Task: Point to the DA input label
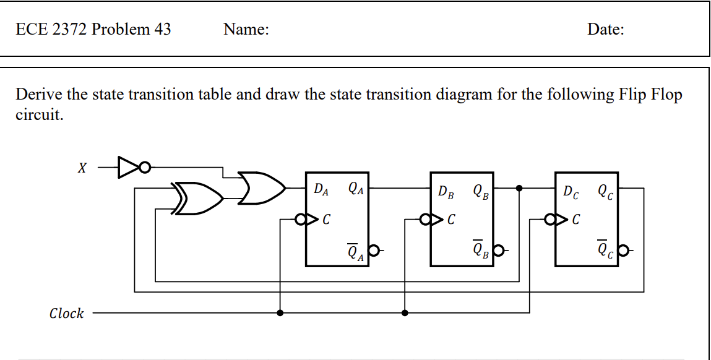tap(321, 188)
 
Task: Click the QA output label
tap(356, 187)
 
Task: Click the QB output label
tap(481, 192)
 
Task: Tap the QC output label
tap(606, 192)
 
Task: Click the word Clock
tap(66, 314)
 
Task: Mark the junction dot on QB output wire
tap(519, 188)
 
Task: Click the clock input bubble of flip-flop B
tap(424, 219)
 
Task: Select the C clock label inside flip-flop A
tap(326, 218)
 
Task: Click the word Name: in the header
tap(246, 29)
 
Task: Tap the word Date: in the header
tap(605, 29)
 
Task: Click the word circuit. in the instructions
tap(40, 115)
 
